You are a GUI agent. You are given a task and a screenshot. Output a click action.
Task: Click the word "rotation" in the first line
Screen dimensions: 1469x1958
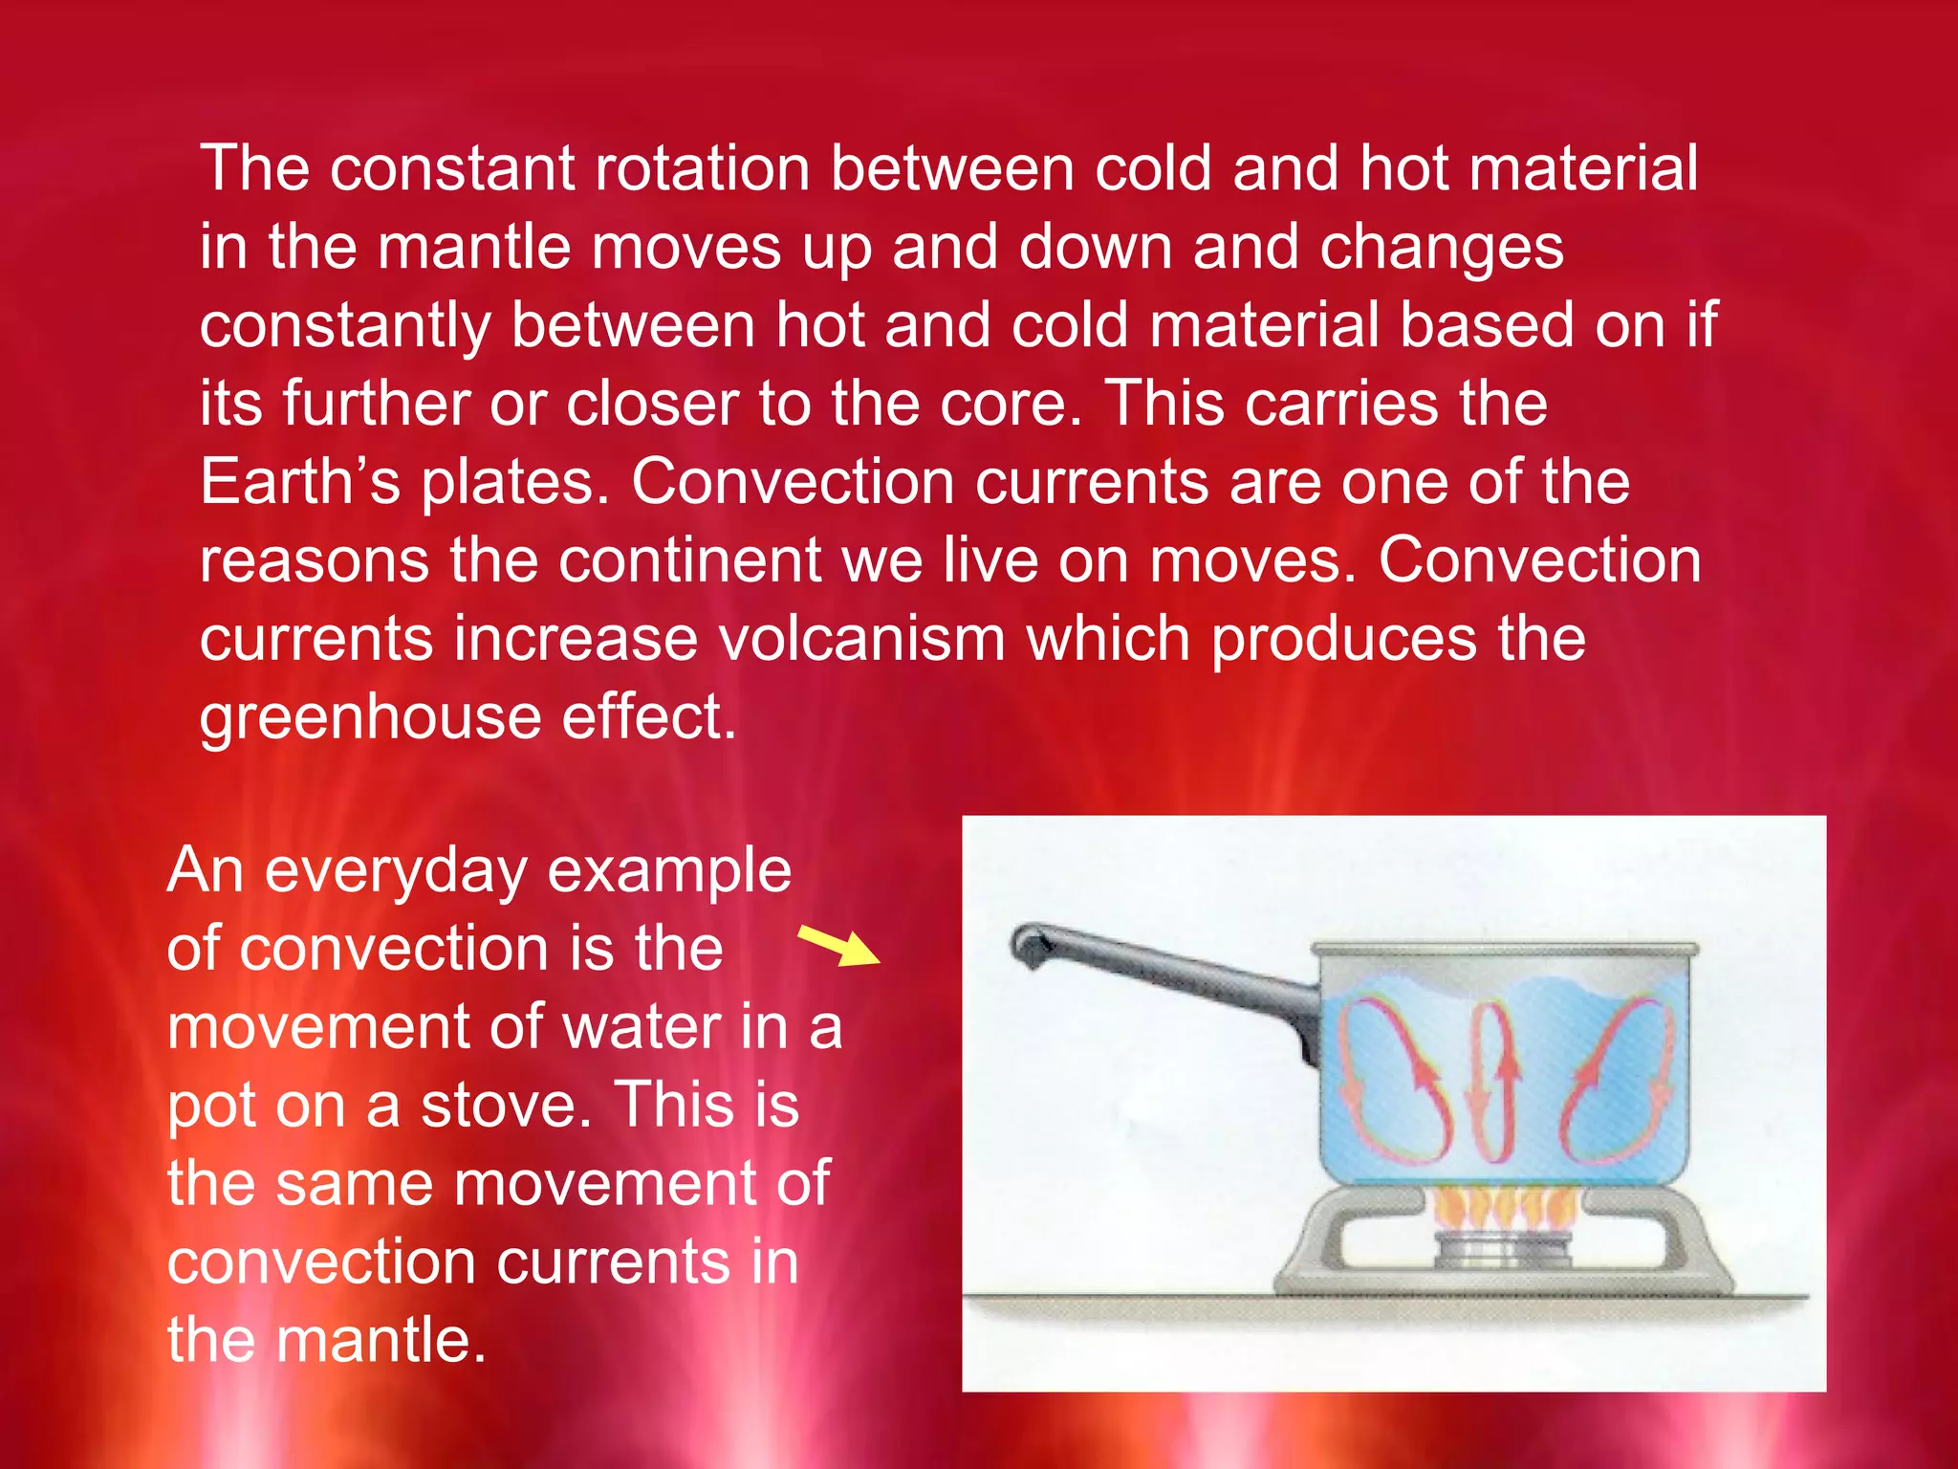(x=702, y=168)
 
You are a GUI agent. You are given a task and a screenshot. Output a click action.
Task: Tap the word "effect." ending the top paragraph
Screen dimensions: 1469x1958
(x=649, y=717)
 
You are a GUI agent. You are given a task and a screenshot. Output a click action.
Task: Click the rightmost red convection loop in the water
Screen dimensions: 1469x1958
(x=1616, y=1075)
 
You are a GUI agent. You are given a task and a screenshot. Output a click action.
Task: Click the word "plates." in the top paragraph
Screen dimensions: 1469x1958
(x=514, y=483)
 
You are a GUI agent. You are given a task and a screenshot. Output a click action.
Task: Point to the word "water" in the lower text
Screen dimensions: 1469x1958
(x=641, y=1028)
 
